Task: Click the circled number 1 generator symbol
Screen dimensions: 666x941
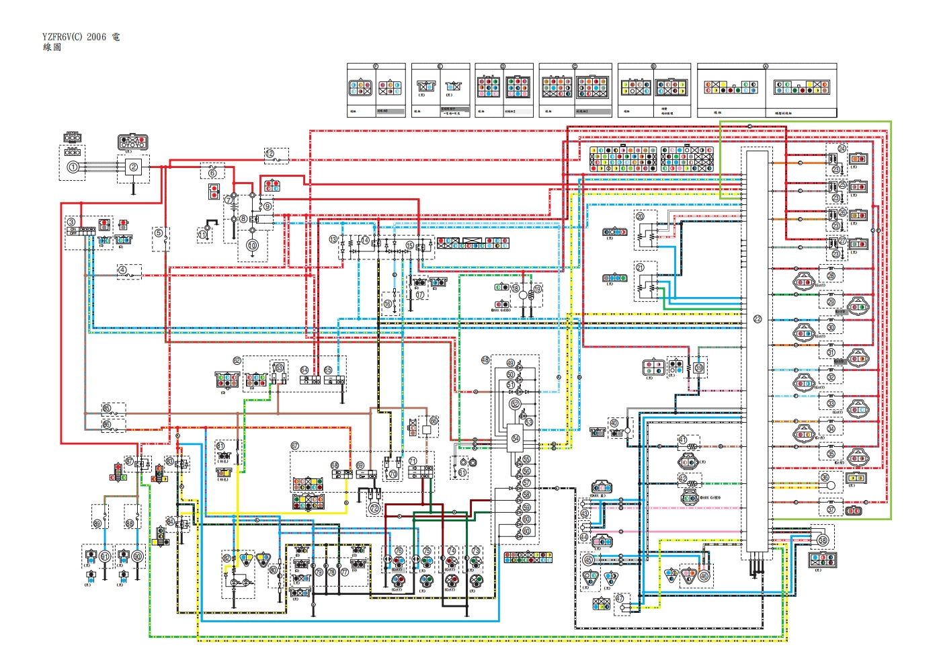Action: pos(73,167)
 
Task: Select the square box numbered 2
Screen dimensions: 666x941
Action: pos(133,167)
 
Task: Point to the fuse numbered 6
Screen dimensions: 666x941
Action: pos(212,172)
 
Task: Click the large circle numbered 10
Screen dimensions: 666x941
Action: pos(252,245)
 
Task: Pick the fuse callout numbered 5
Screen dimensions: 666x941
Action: pos(159,233)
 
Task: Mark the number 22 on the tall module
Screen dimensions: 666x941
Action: pos(758,319)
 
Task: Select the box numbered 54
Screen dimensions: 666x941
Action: pos(516,438)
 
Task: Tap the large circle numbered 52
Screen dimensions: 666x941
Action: pos(515,403)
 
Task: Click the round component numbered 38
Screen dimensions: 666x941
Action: pos(823,540)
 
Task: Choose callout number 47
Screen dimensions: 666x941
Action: pos(620,598)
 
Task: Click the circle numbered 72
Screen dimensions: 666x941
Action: pos(374,509)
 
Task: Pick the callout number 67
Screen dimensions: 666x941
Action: pos(294,446)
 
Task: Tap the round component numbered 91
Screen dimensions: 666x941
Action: pos(105,556)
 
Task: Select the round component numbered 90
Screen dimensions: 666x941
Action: pos(137,556)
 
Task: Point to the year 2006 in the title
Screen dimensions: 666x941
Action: pos(96,37)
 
